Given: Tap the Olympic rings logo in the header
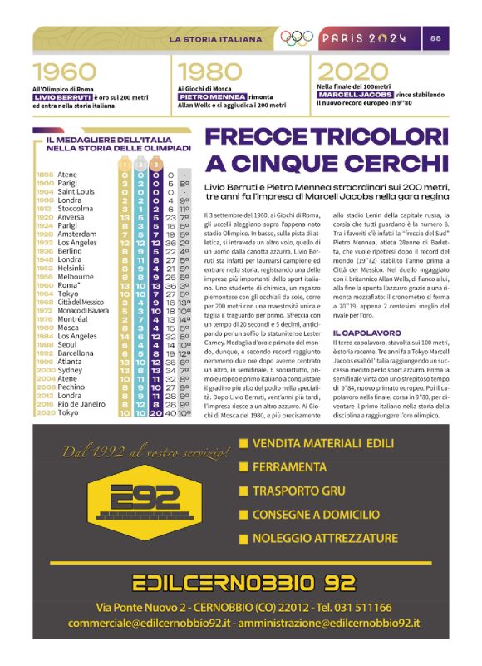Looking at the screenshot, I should [x=296, y=37].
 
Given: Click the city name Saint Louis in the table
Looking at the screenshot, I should [x=76, y=191].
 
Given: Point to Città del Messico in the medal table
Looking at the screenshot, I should [x=81, y=302].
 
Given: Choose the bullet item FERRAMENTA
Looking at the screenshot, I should [x=290, y=467].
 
